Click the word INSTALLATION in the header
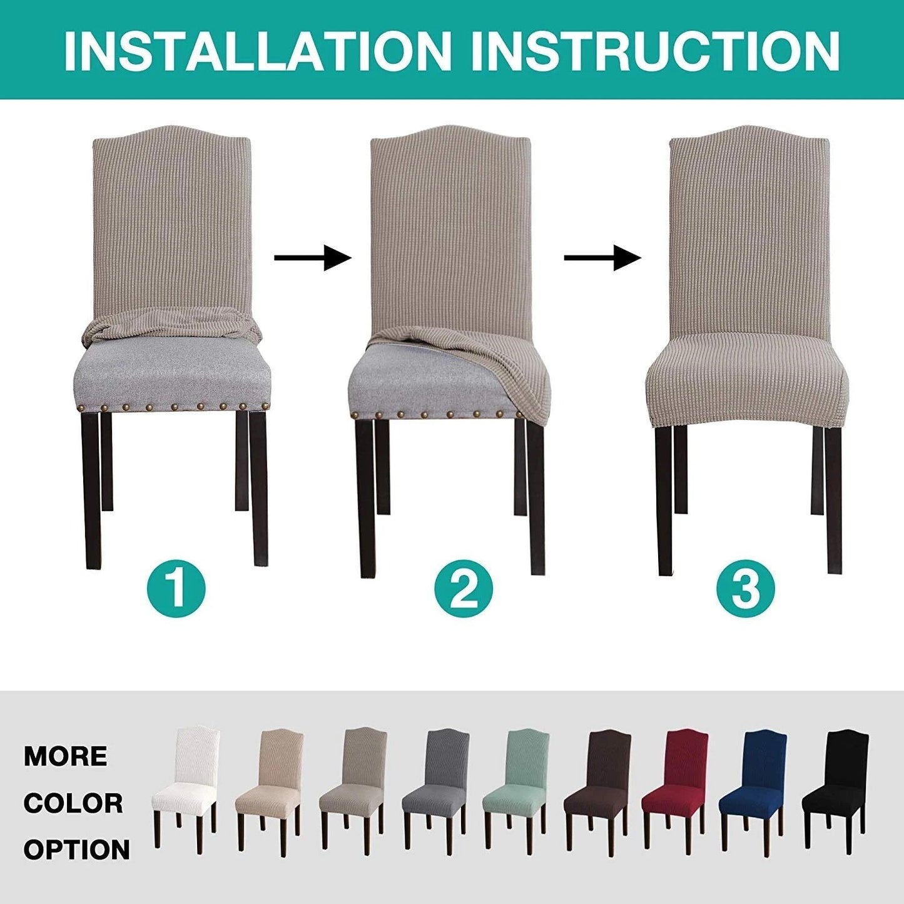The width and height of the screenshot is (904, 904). [x=257, y=50]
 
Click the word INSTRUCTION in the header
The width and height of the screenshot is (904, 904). [x=655, y=50]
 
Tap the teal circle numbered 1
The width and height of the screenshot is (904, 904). [x=176, y=588]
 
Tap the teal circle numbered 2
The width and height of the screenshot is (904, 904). [x=464, y=589]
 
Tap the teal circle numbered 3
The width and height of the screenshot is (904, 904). [x=746, y=589]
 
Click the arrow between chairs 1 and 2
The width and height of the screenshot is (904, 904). [x=313, y=257]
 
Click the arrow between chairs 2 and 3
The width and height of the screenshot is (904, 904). [x=602, y=257]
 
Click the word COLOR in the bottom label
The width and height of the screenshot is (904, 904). [x=73, y=803]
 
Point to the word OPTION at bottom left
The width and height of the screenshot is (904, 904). [x=77, y=850]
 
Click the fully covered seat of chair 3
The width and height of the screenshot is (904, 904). [x=746, y=388]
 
